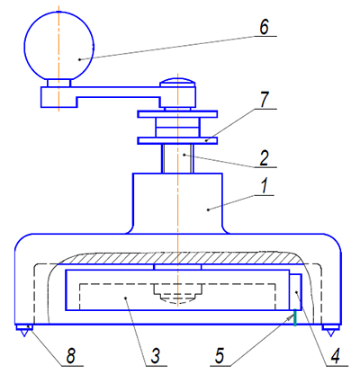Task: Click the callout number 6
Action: click(264, 28)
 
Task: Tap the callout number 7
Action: click(264, 100)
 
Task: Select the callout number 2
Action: click(264, 158)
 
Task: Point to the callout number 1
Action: click(264, 186)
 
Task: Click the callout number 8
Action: click(70, 356)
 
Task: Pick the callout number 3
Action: click(155, 356)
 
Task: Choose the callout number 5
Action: click(220, 356)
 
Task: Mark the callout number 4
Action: click(335, 356)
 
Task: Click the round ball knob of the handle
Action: click(59, 46)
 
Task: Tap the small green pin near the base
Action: click(295, 317)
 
